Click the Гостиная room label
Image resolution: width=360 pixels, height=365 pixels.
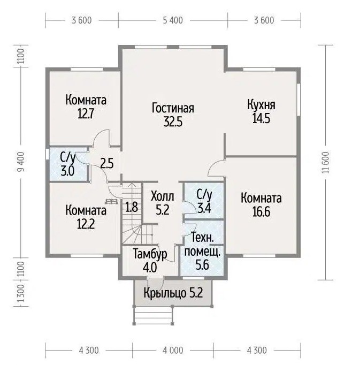coord(173,108)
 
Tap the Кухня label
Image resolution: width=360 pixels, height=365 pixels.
coord(261,105)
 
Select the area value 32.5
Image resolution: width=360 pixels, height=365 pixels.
coord(173,121)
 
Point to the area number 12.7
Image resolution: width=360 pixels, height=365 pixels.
coord(86,114)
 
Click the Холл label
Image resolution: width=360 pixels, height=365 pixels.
coord(163,196)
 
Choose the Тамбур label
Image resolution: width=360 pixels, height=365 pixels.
coord(150,254)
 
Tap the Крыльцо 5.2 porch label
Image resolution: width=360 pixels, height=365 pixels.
coord(173,293)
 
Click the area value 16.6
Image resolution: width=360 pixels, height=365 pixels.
coord(261,212)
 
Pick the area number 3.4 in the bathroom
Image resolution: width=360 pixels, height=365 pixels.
coord(204,208)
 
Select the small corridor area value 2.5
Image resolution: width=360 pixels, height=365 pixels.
coord(107,163)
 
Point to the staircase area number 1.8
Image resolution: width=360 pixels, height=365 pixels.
coord(132,207)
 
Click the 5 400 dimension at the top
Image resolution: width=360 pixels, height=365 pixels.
coord(173,20)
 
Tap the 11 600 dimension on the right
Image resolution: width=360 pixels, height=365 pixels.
coord(326,163)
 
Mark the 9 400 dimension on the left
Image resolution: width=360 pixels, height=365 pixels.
coord(21,162)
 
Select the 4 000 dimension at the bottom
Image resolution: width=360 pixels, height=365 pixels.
coord(173,351)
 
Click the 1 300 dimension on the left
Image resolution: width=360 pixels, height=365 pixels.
coord(21,293)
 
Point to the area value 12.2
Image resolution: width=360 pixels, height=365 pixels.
coord(86,224)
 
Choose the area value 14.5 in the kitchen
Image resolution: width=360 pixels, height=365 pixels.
coord(261,118)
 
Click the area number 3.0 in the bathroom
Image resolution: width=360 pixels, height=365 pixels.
coord(67,171)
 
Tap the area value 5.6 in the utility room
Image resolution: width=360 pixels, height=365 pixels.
coord(202,265)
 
